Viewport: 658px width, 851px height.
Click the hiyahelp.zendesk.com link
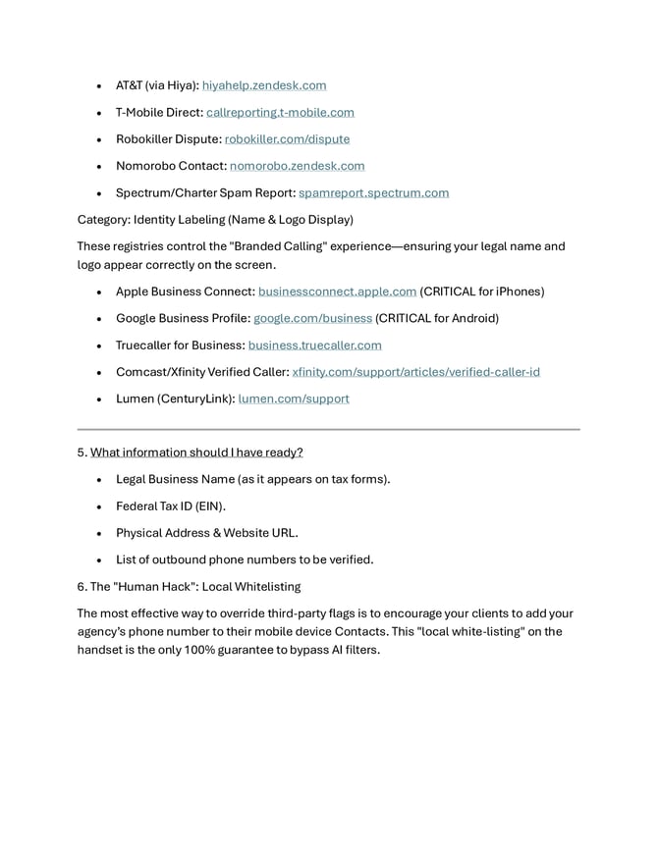tap(264, 85)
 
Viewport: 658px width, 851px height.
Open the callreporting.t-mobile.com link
tap(280, 112)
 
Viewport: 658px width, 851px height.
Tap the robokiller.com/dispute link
tap(287, 139)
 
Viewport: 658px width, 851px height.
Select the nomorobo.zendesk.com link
tap(297, 166)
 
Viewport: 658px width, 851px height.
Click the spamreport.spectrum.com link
tap(373, 192)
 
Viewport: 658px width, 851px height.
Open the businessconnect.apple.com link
tap(337, 292)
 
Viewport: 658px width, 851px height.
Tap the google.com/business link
tap(312, 318)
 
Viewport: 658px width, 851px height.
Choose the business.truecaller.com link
tap(314, 346)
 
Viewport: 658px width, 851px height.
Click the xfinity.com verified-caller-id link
tap(415, 372)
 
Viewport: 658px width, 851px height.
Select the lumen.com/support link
tap(294, 399)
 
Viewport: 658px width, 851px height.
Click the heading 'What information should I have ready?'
tap(196, 452)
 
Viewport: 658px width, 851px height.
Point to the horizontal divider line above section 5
tap(328, 429)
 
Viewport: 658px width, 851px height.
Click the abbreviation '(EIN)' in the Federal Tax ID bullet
tap(208, 506)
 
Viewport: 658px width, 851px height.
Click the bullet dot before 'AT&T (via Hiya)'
tap(100, 86)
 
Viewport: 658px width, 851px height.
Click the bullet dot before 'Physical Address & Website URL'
tap(100, 534)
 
